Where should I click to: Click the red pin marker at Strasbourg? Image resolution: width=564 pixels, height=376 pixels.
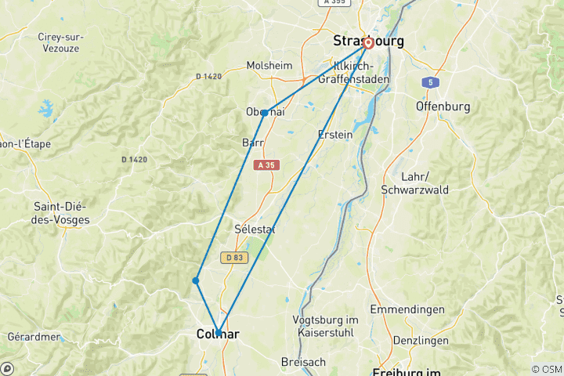coord(367,43)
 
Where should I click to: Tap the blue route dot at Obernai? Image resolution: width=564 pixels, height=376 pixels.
coord(265,113)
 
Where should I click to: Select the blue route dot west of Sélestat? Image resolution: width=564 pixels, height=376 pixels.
coord(196,280)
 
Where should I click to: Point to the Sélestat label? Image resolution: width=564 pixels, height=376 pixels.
coord(255,229)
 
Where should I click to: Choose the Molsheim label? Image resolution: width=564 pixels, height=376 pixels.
coord(269,66)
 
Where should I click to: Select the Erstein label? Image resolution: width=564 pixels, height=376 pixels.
coord(335,134)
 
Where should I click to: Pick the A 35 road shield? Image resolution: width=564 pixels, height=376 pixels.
coord(266,164)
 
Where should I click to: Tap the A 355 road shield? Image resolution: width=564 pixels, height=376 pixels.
coord(335,3)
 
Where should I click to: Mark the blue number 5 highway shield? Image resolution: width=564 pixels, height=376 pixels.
coord(430,81)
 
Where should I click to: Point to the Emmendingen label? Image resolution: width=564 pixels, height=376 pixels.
coord(407,310)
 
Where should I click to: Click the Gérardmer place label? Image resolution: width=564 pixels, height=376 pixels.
coord(34,337)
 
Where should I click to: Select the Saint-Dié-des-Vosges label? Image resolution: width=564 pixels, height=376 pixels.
coord(61,213)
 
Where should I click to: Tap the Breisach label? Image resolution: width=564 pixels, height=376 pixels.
coord(305,362)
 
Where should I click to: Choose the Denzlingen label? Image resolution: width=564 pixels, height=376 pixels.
coord(422,341)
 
